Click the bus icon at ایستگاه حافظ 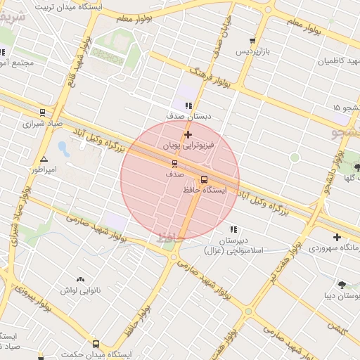tap(205, 179)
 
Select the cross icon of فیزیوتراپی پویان tap(188, 134)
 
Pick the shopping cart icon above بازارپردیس tap(252, 41)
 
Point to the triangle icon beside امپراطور tap(44, 160)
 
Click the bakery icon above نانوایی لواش tap(79, 279)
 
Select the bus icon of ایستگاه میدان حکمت tap(96, 345)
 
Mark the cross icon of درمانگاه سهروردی tap(337, 237)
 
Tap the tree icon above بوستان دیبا tap(342, 285)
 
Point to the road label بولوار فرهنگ tap(211, 79)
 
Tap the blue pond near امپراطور tap(63, 148)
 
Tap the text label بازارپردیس tap(252, 52)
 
